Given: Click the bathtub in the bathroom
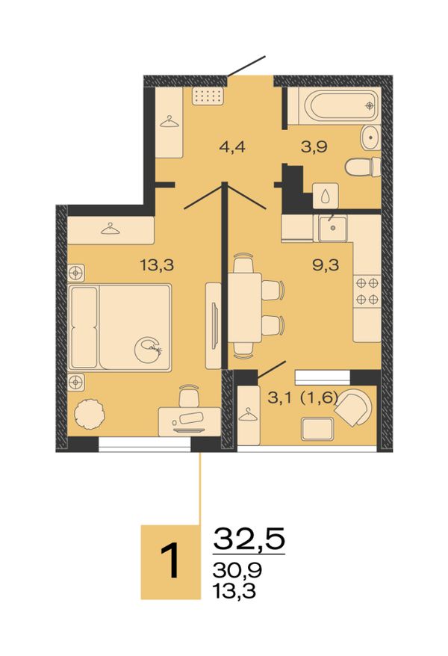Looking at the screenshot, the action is click(335, 105).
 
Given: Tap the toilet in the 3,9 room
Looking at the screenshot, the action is click(363, 167).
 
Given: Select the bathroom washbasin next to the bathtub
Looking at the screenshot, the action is click(371, 137).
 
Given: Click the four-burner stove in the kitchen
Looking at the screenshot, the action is click(367, 291).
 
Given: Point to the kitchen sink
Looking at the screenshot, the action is click(333, 229).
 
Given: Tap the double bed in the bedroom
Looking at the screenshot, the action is click(119, 327).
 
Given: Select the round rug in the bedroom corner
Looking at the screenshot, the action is click(89, 414).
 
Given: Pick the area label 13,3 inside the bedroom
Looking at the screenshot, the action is click(157, 264).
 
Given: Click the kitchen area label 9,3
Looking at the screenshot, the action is click(326, 264).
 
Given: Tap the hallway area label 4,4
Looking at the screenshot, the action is click(231, 147).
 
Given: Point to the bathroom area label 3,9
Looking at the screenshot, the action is click(314, 147).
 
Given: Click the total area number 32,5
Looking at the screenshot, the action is click(249, 539).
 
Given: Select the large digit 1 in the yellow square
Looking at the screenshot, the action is click(171, 561).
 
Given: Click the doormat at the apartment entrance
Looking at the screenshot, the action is click(208, 96).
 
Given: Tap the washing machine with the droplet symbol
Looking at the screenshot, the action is click(326, 195).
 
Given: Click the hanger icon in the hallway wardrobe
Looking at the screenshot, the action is click(169, 121).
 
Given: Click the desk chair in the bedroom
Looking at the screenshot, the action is click(190, 396).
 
